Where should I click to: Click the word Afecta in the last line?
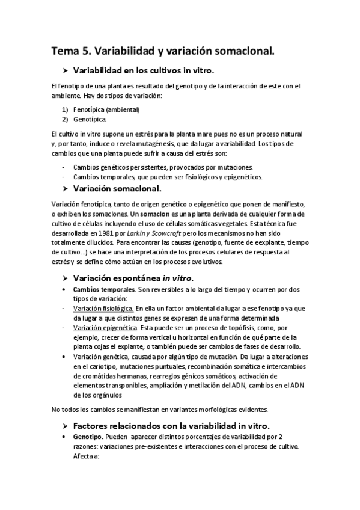(x=84, y=456)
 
